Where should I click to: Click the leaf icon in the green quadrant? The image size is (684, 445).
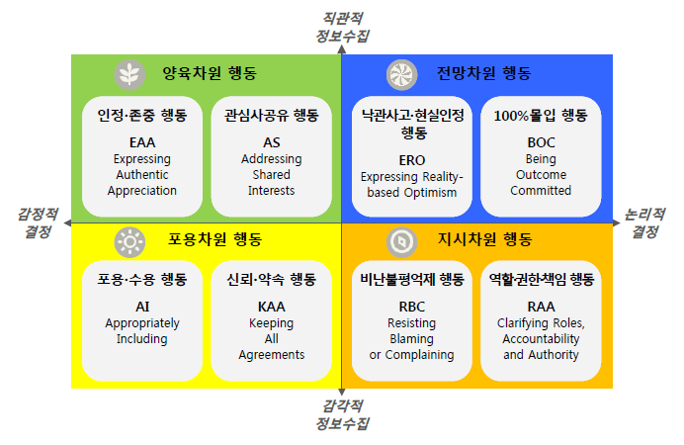(x=129, y=74)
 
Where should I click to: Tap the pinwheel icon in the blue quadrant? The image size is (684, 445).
(x=401, y=74)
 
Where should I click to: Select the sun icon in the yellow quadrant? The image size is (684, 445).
(x=129, y=241)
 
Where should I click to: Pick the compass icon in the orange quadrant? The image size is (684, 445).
(x=401, y=241)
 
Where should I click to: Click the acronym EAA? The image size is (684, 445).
(x=142, y=142)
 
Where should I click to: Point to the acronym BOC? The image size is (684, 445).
(x=541, y=142)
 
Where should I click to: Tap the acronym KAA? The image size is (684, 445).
(x=272, y=307)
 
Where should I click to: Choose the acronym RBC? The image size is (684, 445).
(x=412, y=307)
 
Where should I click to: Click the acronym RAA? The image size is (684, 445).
(x=541, y=307)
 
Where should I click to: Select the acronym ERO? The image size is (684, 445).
(x=412, y=160)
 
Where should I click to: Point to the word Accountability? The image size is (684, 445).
(x=541, y=339)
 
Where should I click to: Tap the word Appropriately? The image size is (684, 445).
(x=142, y=323)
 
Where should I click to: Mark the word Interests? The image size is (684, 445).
(x=272, y=191)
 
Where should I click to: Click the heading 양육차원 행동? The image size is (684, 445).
(x=210, y=73)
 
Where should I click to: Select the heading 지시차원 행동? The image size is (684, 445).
(x=484, y=239)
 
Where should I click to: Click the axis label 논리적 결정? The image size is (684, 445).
(x=644, y=222)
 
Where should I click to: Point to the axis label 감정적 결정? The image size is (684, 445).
(x=38, y=222)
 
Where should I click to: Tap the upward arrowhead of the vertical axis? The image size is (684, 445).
(x=342, y=48)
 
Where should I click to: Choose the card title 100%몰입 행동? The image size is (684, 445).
(x=541, y=116)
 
